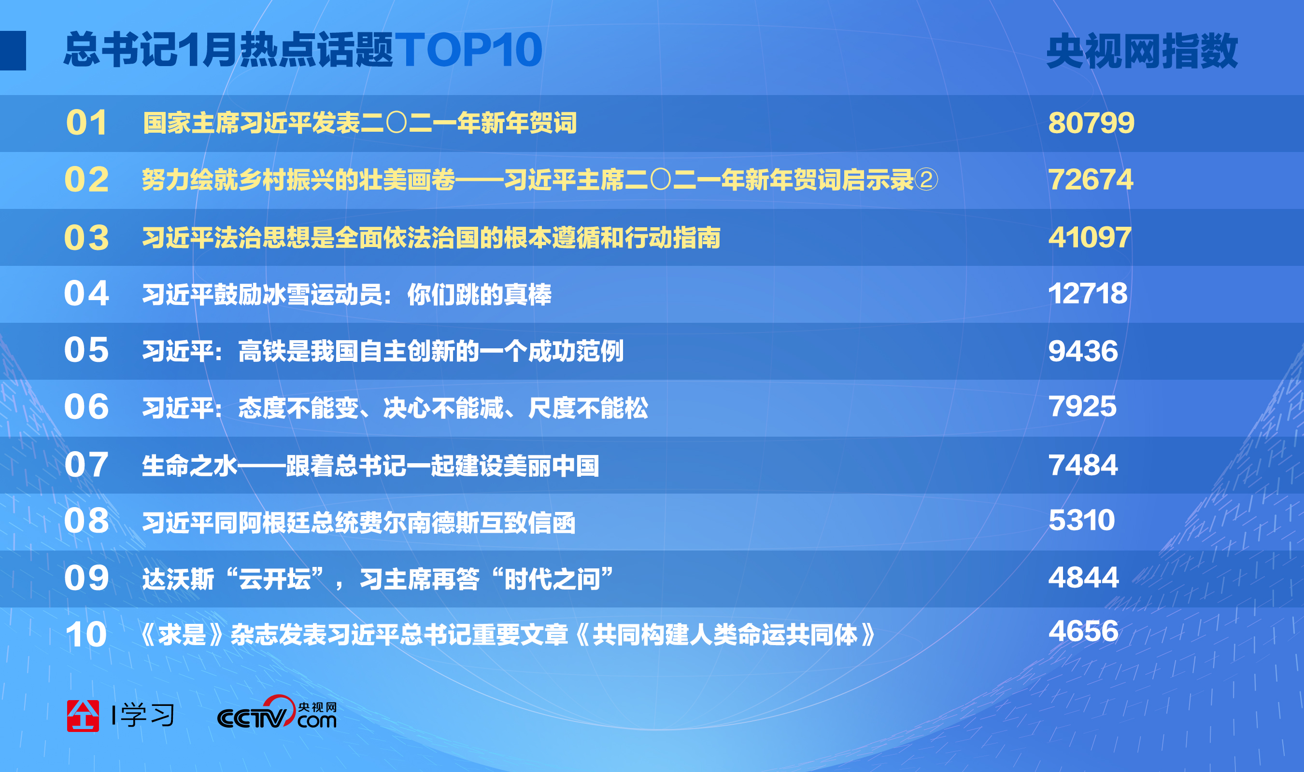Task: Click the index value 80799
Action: tap(1091, 124)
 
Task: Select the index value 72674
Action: tap(1091, 180)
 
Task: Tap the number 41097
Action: tap(1090, 237)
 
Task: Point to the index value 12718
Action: tap(1088, 293)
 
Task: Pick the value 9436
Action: tap(1083, 351)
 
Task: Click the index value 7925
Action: tap(1082, 406)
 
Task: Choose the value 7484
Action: tap(1083, 465)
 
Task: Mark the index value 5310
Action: tap(1082, 520)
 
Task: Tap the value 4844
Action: tap(1083, 578)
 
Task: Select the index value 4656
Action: tap(1083, 631)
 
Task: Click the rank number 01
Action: tap(86, 124)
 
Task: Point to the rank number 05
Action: tap(86, 350)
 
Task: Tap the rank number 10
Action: tap(86, 634)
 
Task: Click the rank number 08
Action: tap(86, 520)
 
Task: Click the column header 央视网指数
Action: tap(1142, 51)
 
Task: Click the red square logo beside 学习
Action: tap(83, 716)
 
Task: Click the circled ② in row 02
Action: tap(926, 180)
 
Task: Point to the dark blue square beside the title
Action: tap(13, 51)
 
